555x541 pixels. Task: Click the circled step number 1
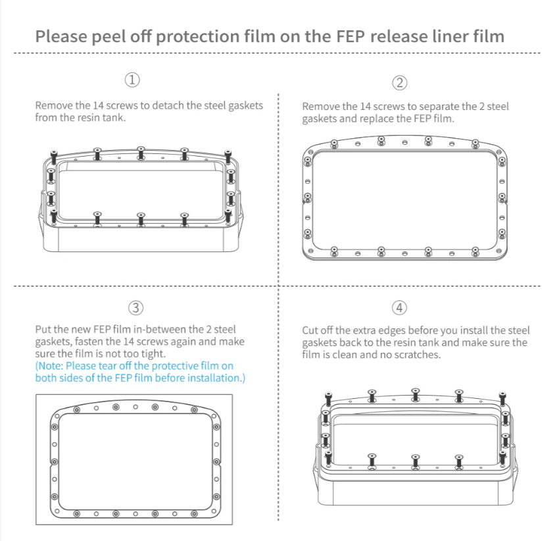click(132, 80)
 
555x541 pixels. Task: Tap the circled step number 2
click(400, 83)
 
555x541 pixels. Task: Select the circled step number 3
click(136, 308)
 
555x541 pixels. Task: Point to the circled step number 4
click(400, 307)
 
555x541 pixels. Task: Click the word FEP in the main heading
click(350, 36)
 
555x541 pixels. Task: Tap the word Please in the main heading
click(61, 37)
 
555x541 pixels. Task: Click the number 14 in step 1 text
click(98, 105)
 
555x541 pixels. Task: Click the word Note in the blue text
click(49, 366)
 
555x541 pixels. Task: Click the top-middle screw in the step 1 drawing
click(141, 153)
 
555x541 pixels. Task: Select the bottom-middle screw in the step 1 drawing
click(141, 219)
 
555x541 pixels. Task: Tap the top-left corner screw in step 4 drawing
click(328, 399)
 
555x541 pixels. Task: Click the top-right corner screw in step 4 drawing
click(502, 399)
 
